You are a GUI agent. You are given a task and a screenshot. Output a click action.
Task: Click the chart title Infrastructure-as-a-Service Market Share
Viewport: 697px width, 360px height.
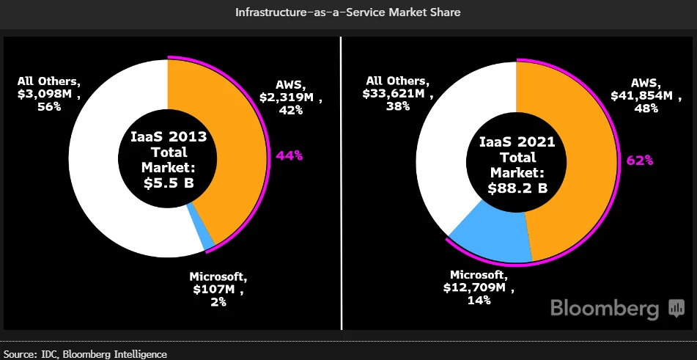[x=348, y=12]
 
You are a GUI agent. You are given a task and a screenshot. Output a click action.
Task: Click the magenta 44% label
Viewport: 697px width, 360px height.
[x=289, y=155]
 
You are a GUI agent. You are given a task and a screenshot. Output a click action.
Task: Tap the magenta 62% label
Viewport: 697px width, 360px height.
[x=638, y=160]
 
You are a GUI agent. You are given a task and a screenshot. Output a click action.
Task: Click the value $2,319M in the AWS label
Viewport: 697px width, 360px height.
[x=289, y=97]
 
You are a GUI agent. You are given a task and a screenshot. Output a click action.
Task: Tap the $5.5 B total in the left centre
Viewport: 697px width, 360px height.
[x=169, y=183]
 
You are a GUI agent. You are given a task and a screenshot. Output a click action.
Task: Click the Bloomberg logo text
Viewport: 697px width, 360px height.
[x=605, y=308]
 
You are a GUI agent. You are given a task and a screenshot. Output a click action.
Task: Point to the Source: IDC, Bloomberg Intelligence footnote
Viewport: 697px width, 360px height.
[x=84, y=354]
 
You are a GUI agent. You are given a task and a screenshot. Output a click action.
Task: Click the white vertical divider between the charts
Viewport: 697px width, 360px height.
[x=342, y=183]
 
